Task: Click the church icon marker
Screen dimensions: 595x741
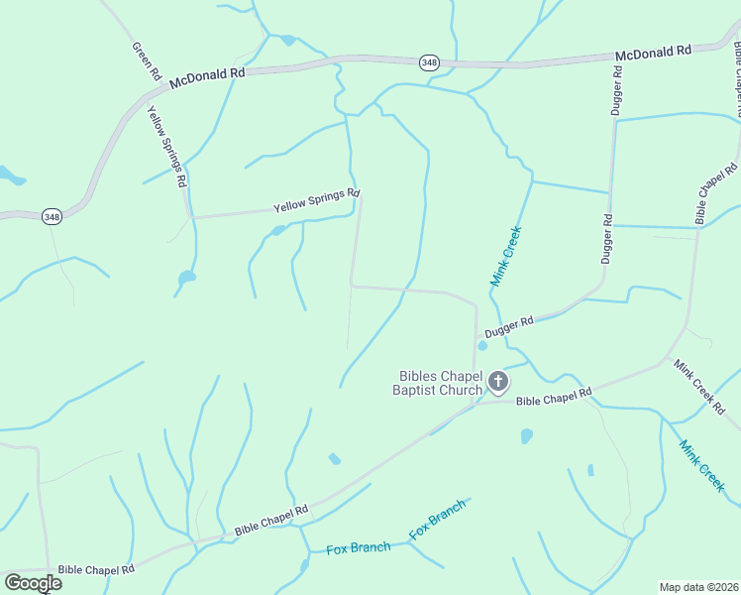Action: coord(497,381)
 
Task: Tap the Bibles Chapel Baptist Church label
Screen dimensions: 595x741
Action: coord(439,383)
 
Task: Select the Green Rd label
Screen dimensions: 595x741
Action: coord(146,60)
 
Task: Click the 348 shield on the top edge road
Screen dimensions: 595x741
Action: coord(428,62)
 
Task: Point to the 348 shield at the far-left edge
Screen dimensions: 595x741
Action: coord(52,215)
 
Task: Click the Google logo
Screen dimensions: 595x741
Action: coord(33,582)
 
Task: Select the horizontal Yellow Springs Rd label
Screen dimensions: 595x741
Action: coord(316,201)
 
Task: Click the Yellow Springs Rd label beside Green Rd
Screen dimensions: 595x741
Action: coord(166,148)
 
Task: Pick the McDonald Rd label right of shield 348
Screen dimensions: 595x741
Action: coord(653,53)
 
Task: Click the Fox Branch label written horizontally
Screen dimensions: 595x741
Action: coord(358,548)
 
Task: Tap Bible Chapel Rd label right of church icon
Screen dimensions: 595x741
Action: coord(554,399)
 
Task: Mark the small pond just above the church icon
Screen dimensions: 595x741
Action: coord(482,346)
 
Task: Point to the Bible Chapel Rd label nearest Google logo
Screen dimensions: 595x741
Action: coord(95,570)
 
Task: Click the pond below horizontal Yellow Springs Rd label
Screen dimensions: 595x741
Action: coord(278,231)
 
